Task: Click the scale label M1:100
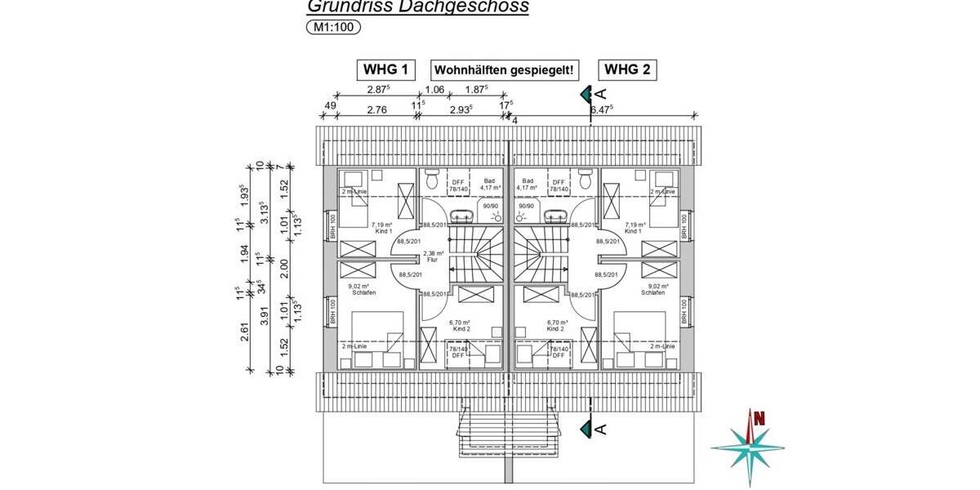(x=332, y=27)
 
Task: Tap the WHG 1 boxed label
(x=385, y=69)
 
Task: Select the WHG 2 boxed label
(x=628, y=69)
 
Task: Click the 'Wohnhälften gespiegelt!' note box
(x=507, y=70)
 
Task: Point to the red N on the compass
(x=759, y=419)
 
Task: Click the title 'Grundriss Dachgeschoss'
(x=417, y=7)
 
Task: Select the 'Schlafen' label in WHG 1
(x=364, y=292)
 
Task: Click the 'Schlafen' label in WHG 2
(x=657, y=292)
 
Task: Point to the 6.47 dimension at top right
(x=601, y=109)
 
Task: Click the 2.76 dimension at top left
(x=376, y=109)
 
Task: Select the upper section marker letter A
(x=601, y=93)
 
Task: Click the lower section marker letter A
(x=601, y=429)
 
